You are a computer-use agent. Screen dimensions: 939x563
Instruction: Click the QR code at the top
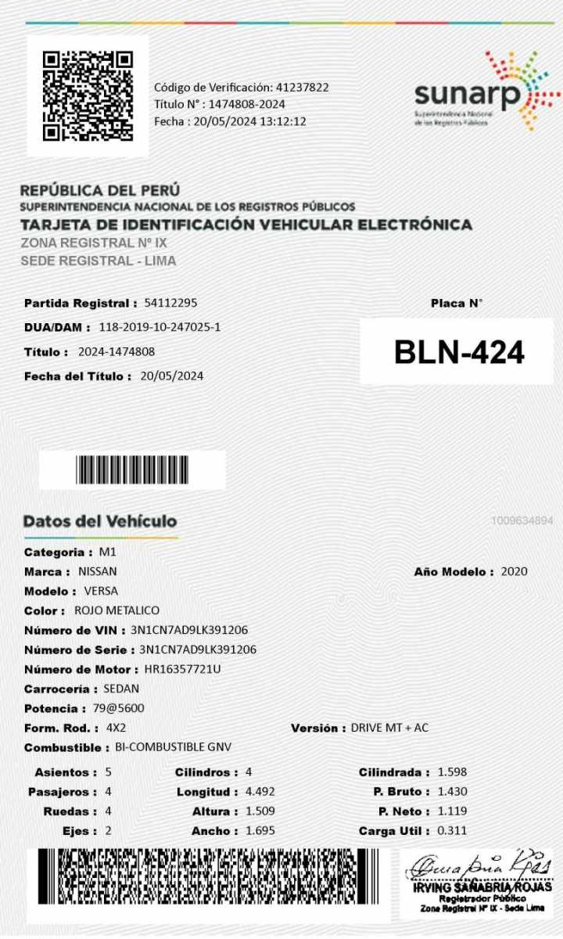(x=88, y=96)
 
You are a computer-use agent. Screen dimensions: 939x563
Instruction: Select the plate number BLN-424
(x=459, y=352)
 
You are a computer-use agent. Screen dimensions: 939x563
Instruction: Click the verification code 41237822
(x=302, y=88)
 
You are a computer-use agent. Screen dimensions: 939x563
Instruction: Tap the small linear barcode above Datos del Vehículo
(x=132, y=469)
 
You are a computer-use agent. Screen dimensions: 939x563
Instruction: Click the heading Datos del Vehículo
(x=100, y=521)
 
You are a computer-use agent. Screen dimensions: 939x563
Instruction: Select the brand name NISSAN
(x=97, y=572)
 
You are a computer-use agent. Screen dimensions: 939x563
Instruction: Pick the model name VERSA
(x=101, y=592)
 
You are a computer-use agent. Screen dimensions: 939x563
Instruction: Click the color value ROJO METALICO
(x=117, y=611)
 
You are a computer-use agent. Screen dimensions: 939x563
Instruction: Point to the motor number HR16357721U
(x=182, y=670)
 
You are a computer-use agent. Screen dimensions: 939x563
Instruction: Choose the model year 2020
(x=514, y=572)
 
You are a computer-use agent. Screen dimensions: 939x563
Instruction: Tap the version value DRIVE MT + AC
(x=389, y=729)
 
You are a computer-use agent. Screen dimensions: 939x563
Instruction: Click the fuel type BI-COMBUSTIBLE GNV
(x=173, y=748)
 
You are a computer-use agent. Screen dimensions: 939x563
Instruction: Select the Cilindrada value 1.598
(x=452, y=772)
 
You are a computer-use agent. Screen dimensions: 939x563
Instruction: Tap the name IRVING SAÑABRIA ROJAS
(x=482, y=887)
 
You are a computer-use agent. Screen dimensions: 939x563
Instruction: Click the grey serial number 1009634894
(x=522, y=520)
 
